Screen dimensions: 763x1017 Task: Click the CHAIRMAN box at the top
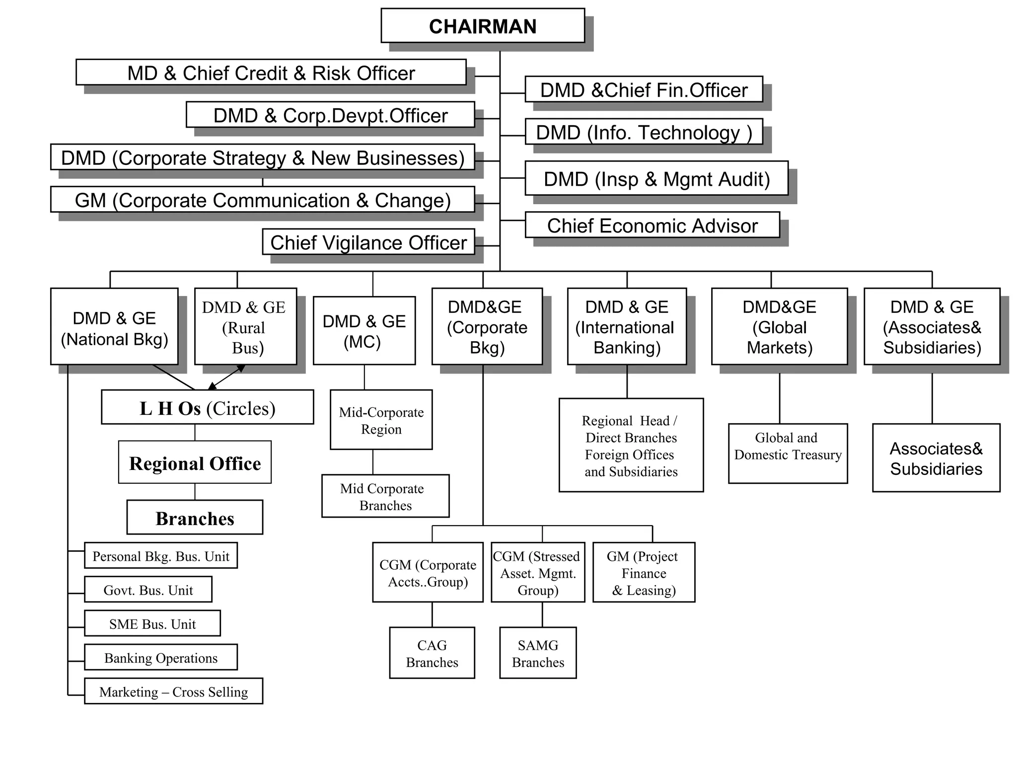click(x=482, y=26)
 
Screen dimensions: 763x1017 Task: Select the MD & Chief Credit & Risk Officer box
click(x=271, y=73)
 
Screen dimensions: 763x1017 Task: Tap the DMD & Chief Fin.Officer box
click(x=644, y=89)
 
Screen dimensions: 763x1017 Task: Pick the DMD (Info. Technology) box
click(x=644, y=132)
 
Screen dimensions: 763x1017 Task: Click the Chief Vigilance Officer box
click(x=368, y=242)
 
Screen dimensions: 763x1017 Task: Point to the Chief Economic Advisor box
click(x=652, y=225)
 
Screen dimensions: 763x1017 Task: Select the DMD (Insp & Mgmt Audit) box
click(x=656, y=178)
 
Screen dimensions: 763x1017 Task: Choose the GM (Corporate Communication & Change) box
click(x=262, y=200)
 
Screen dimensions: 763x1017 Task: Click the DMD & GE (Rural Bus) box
click(x=245, y=326)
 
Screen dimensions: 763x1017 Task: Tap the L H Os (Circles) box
click(x=207, y=407)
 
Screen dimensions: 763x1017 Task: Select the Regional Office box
click(x=195, y=462)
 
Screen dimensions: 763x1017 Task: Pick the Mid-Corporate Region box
click(x=381, y=420)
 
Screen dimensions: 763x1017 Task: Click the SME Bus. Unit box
click(x=152, y=623)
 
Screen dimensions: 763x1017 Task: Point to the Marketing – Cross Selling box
click(x=173, y=691)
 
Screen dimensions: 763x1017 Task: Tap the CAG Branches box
click(x=432, y=653)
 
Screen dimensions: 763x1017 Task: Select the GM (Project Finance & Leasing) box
click(x=644, y=572)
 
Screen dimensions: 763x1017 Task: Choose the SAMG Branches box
click(x=538, y=653)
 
